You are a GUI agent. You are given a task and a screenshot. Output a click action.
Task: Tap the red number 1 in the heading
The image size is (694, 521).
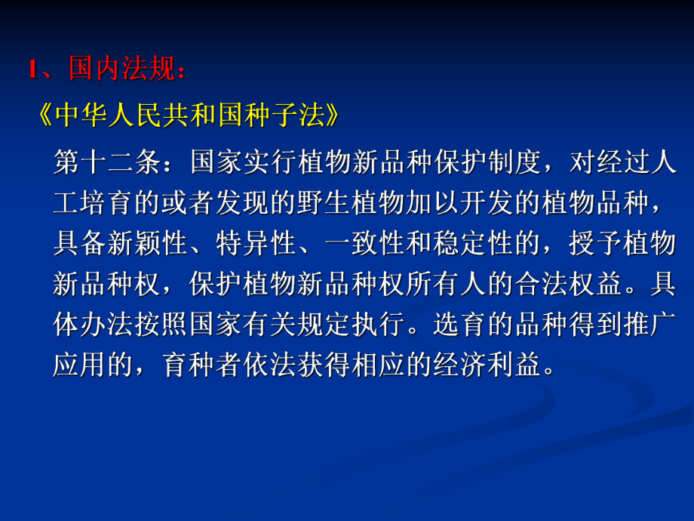click(32, 70)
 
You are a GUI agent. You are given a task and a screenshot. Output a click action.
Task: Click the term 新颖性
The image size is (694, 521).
click(136, 243)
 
